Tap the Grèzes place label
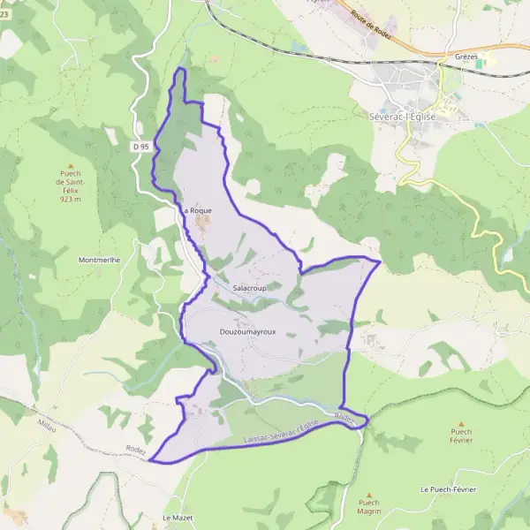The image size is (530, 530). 466,57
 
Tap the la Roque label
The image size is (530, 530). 197,211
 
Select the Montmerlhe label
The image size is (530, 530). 99,260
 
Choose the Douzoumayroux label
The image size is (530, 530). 247,331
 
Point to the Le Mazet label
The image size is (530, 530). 178,518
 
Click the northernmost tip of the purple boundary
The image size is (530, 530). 182,68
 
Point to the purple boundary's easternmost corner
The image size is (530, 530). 380,261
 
